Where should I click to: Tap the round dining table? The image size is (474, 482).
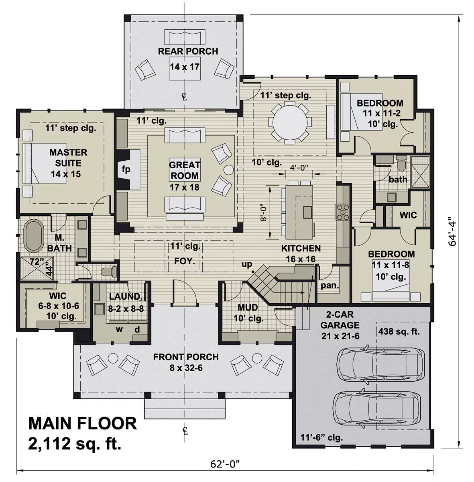pos(290,122)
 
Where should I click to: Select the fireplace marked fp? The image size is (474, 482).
pos(126,169)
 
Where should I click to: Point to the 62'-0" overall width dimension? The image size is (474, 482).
pos(225,464)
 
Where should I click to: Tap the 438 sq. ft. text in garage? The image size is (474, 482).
pos(399,332)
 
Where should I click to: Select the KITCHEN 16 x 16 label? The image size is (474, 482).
pos(301,253)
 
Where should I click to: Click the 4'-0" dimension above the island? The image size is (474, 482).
pos(299,168)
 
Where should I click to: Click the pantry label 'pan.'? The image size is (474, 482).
pos(330,286)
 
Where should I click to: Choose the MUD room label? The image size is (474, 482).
pos(248,308)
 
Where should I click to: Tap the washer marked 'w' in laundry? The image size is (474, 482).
pos(119,330)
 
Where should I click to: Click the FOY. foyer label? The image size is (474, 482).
pos(184,261)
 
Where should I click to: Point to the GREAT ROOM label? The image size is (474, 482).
pos(184,170)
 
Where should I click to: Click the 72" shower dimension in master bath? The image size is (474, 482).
pos(36,261)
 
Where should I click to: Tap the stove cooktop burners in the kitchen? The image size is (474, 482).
pos(344,212)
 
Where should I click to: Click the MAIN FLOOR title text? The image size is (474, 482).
pos(82,424)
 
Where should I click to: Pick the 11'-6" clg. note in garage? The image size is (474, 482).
pos(321,437)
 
